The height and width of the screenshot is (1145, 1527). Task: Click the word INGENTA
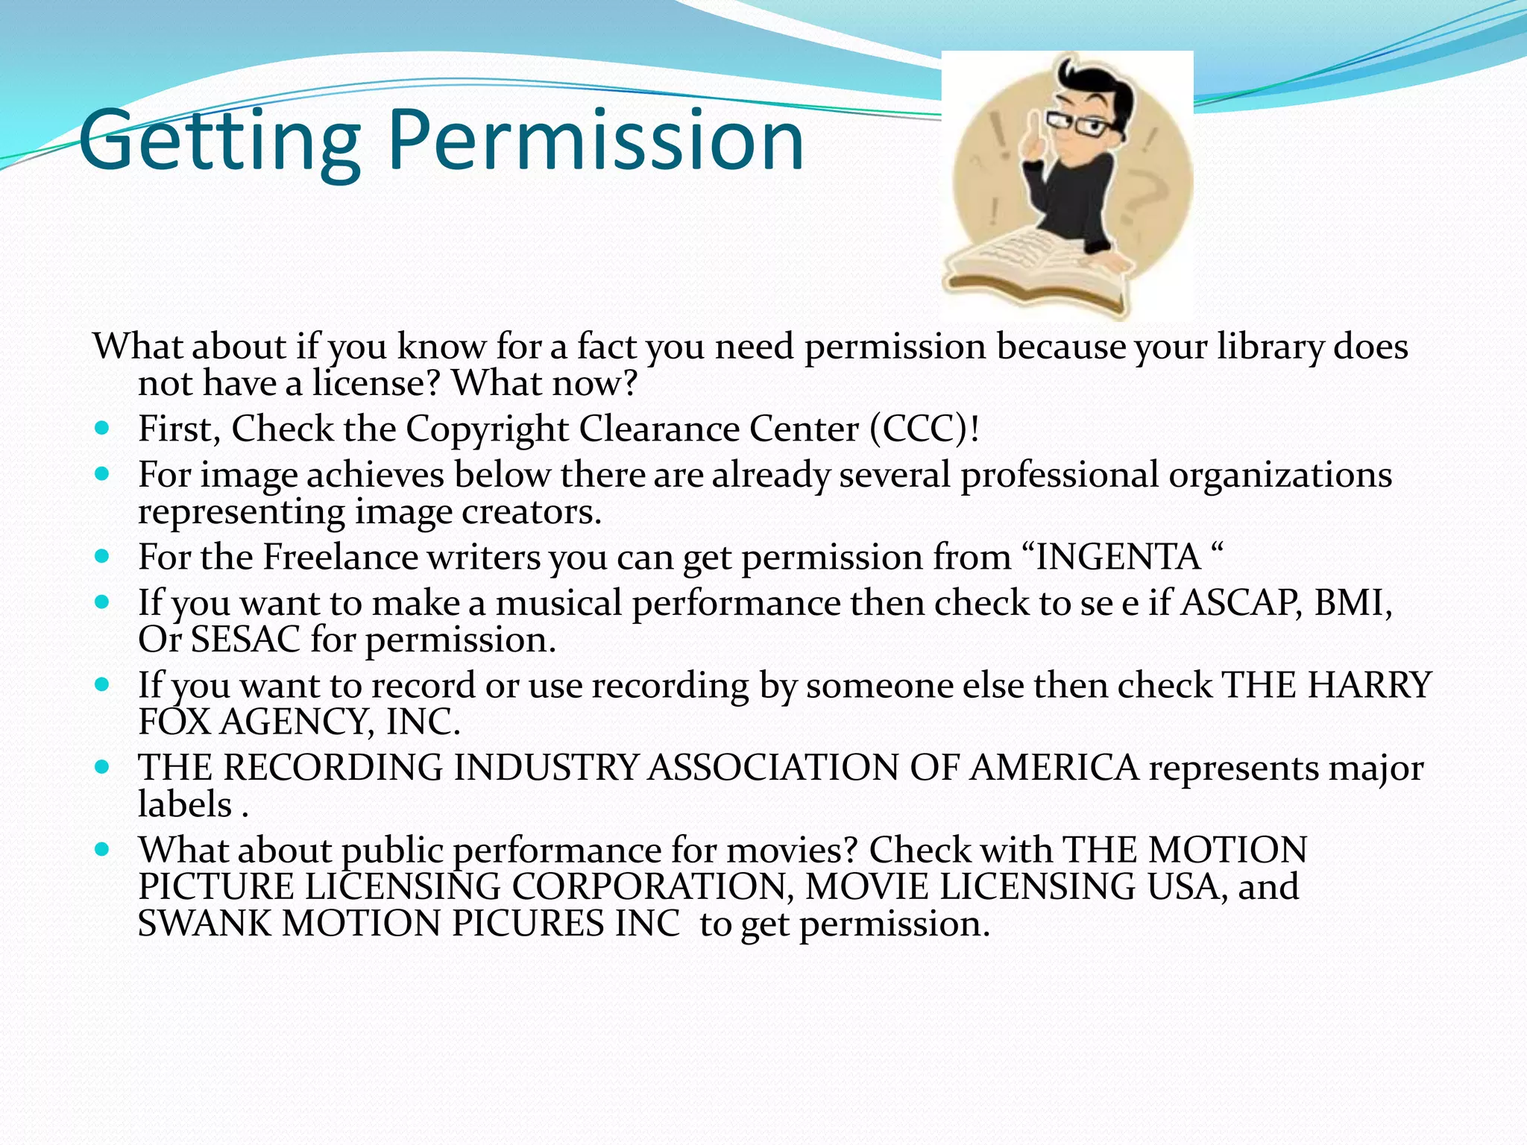point(1118,557)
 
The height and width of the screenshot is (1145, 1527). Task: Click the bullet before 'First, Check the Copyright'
point(103,429)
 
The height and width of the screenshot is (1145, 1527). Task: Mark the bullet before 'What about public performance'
point(103,849)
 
